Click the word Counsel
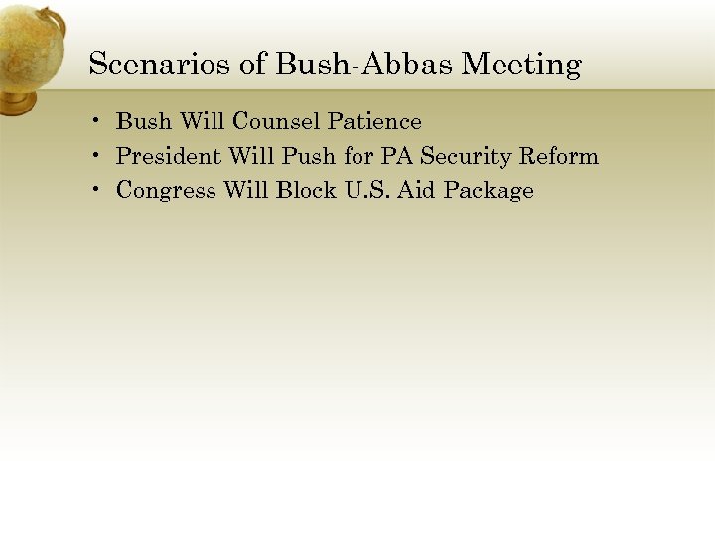(x=278, y=122)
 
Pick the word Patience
(x=375, y=122)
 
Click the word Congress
(x=166, y=191)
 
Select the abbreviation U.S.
(x=365, y=190)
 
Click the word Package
(x=489, y=191)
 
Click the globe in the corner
(x=30, y=55)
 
